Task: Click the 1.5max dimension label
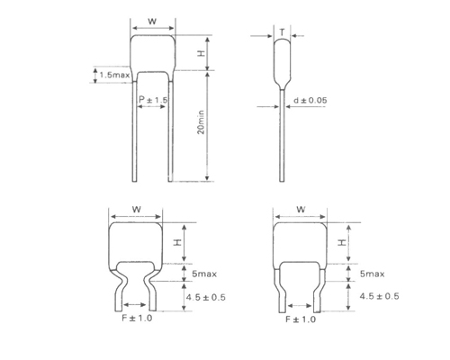[x=114, y=75]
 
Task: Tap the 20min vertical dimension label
[x=201, y=122]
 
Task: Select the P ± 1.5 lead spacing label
[x=153, y=100]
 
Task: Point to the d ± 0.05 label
[x=310, y=100]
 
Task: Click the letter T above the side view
[x=282, y=32]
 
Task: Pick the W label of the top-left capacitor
[x=152, y=22]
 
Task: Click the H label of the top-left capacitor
[x=201, y=53]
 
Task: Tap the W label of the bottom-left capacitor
[x=137, y=209]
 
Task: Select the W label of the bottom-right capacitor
[x=301, y=209]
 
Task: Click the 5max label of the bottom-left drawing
[x=204, y=274]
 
